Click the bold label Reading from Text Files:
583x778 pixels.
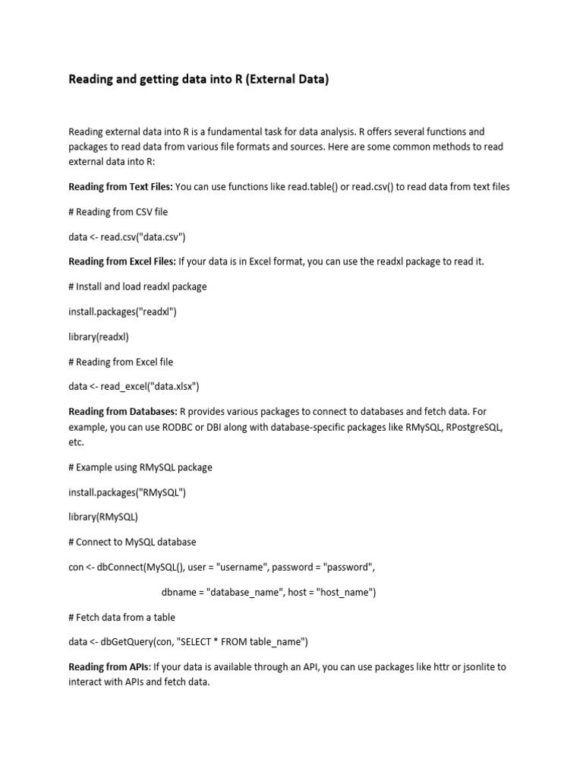pos(121,186)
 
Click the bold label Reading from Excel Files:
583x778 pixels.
pos(122,261)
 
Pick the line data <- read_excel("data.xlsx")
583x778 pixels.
pos(134,387)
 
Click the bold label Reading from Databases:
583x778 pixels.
pos(122,412)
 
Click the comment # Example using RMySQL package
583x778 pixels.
pos(140,467)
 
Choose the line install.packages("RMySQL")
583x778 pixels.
pos(127,492)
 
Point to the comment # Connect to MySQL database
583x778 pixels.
pos(132,542)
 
